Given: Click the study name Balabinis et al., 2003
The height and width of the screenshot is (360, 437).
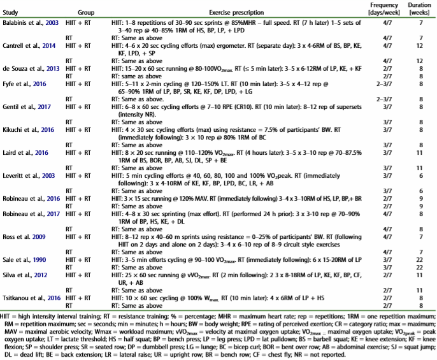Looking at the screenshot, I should pos(31,22).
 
